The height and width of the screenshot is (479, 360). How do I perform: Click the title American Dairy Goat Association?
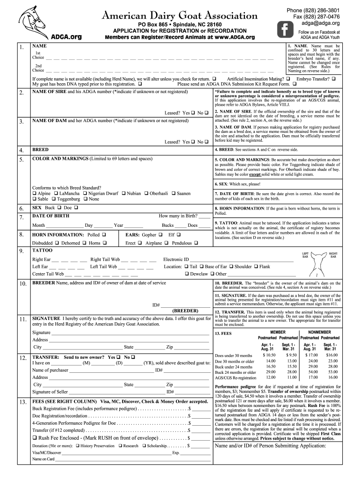[x=180, y=16]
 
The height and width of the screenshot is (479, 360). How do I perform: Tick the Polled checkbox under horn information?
[x=104, y=234]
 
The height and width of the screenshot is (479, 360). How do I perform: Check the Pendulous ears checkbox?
[x=196, y=243]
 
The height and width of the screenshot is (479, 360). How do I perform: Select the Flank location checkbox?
[x=256, y=267]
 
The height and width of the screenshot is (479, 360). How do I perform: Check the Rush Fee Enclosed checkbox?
[x=35, y=438]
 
